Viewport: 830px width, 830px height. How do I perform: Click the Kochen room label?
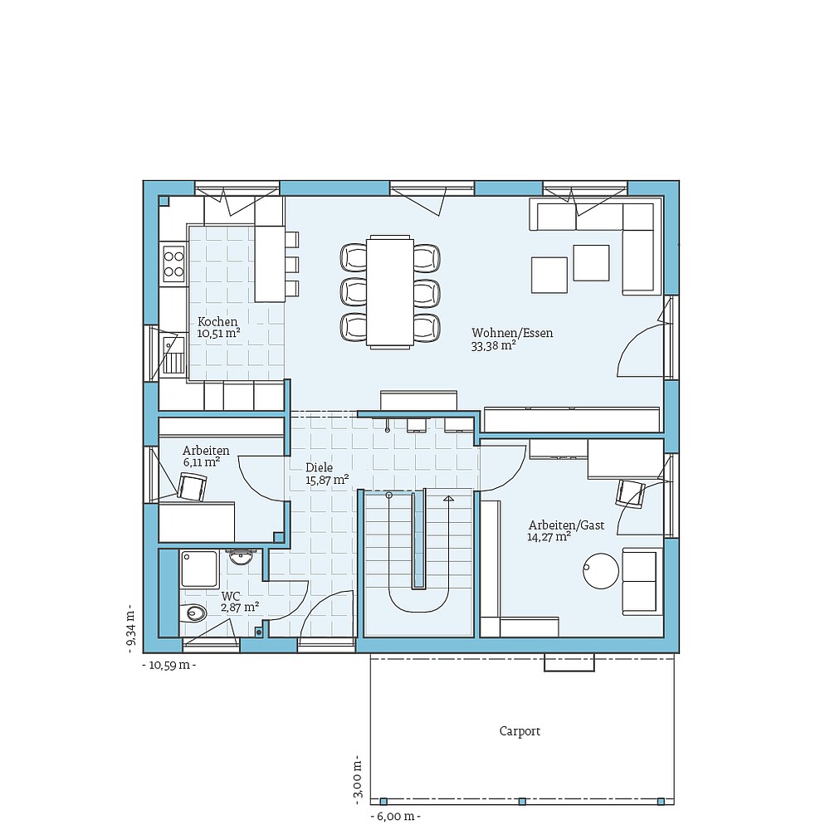pos(217,322)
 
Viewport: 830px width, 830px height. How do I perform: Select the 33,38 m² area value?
pos(494,346)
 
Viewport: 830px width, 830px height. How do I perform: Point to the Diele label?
pos(319,467)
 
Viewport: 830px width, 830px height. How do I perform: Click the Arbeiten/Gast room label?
pos(566,525)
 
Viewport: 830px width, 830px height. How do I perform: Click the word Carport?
pos(520,731)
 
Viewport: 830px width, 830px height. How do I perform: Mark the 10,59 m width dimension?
pos(169,665)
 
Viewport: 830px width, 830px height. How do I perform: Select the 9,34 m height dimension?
pos(130,632)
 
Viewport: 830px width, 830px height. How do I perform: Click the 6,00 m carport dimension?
pos(395,817)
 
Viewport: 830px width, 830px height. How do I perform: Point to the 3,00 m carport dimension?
pos(358,779)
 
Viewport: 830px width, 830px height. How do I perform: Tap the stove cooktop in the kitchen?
pos(173,263)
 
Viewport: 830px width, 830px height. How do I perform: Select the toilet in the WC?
pos(193,613)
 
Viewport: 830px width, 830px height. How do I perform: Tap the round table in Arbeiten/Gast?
pos(601,571)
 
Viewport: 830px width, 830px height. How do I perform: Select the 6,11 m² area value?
pos(202,462)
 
